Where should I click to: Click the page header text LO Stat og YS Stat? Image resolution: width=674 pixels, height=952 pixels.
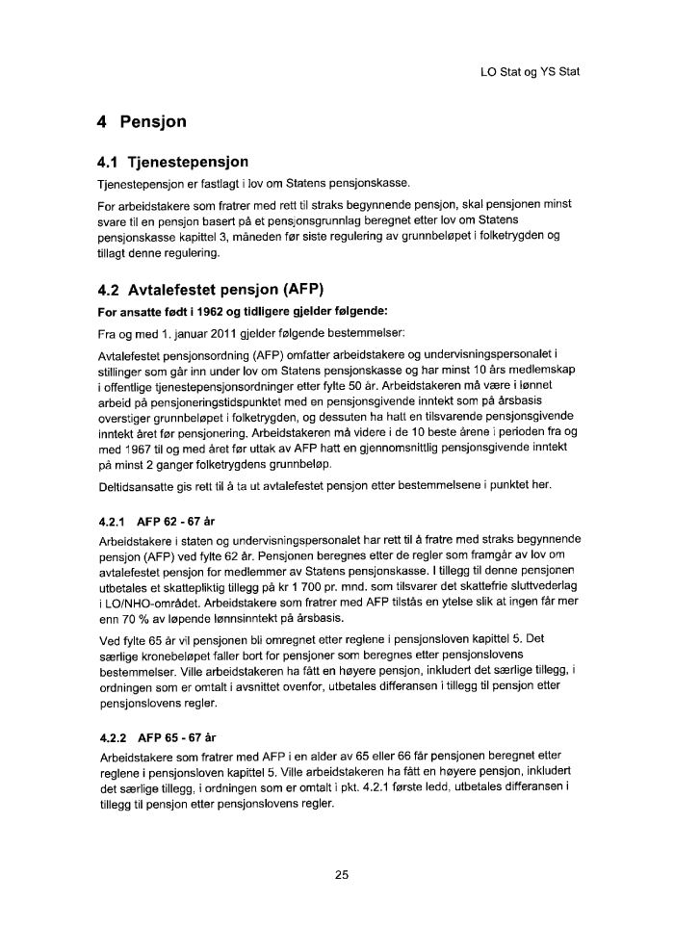pyautogui.click(x=529, y=72)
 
